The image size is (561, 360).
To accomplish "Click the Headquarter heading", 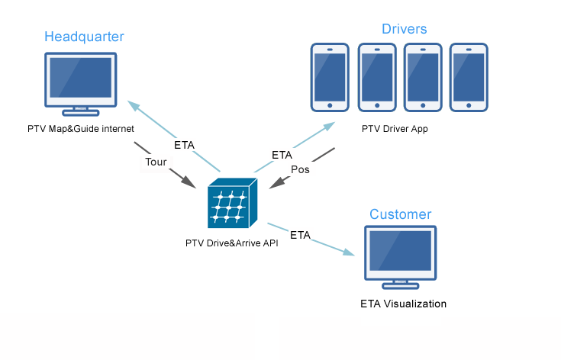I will [84, 37].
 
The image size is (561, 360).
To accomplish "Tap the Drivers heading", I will [404, 29].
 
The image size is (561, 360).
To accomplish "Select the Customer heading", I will [400, 214].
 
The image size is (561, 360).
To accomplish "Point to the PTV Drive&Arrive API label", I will [232, 243].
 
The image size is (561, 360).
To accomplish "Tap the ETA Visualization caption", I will [403, 304].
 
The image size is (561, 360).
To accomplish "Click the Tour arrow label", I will [156, 162].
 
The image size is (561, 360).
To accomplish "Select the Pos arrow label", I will [300, 169].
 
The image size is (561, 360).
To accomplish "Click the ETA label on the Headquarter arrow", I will [184, 144].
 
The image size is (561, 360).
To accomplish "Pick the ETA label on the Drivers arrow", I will [282, 155].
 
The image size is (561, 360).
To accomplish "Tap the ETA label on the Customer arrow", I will [300, 235].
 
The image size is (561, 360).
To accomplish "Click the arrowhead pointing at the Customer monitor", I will [353, 252].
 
